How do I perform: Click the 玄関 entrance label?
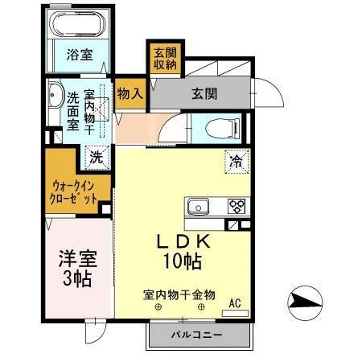204,93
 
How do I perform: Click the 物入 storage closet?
130,93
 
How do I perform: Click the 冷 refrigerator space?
237,161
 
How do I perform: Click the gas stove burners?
237,205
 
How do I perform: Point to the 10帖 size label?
184,261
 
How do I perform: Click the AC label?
235,302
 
